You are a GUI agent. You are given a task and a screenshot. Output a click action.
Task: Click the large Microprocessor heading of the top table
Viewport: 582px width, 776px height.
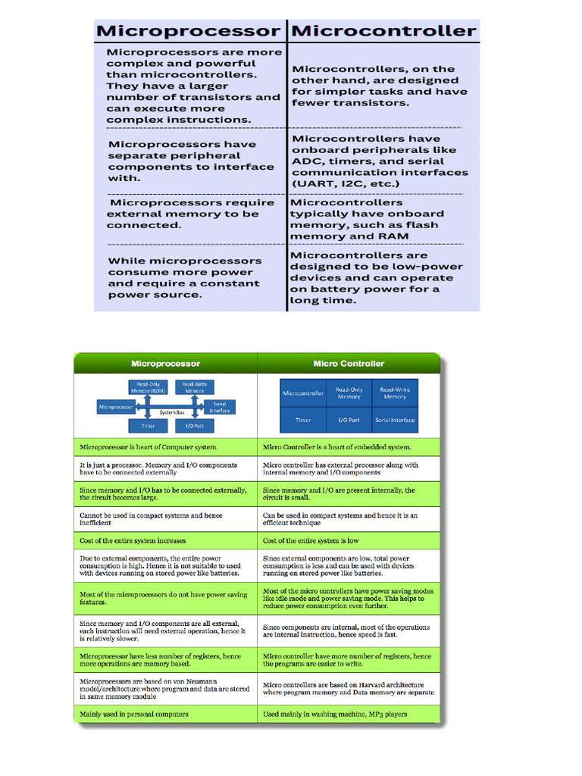[x=187, y=31]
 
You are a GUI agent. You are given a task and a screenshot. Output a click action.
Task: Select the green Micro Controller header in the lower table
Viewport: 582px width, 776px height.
[x=349, y=364]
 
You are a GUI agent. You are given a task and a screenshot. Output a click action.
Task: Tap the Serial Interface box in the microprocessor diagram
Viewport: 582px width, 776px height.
[x=220, y=408]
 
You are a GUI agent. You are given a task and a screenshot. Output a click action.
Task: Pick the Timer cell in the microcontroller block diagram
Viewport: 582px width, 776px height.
[x=303, y=420]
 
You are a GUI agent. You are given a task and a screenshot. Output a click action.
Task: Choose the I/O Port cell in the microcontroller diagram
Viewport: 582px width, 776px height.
[x=349, y=420]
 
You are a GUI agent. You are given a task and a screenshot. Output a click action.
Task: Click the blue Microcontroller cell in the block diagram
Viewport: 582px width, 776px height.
[x=303, y=393]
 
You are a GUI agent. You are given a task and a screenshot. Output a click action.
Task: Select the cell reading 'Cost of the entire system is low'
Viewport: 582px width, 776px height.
[x=311, y=541]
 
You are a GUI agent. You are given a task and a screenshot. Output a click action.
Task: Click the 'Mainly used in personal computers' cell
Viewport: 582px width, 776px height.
[x=134, y=714]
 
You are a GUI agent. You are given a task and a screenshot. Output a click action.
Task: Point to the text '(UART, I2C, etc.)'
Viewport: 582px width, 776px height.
[x=346, y=184]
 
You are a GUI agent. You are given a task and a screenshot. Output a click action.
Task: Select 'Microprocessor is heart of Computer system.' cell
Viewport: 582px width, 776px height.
[x=149, y=447]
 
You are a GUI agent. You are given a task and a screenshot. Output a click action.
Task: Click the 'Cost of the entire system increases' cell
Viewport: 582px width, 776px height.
[x=133, y=541]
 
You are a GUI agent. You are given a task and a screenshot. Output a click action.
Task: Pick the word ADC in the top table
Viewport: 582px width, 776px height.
[x=306, y=161]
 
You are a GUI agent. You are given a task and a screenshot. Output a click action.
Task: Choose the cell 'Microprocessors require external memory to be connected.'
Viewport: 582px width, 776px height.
[x=190, y=214]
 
